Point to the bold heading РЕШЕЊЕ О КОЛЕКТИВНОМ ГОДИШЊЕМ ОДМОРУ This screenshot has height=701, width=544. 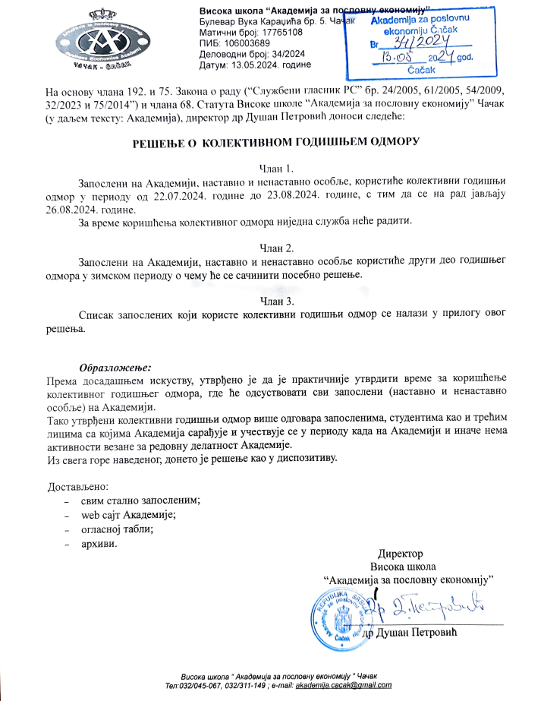click(x=271, y=141)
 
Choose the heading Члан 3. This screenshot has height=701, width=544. click(x=271, y=300)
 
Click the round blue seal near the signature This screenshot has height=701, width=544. click(x=338, y=615)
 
